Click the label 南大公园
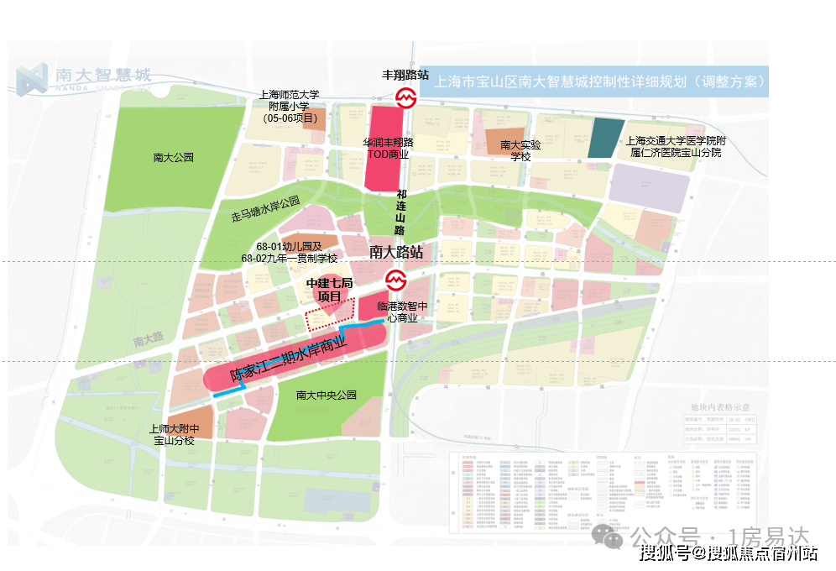174,157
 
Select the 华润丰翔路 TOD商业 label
387,149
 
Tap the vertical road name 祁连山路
400,212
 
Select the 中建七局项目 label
328,291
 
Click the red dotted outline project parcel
328,318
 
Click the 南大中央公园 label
327,395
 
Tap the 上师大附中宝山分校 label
173,434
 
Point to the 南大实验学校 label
515,150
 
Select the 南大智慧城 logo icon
32,78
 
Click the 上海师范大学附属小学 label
295,107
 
